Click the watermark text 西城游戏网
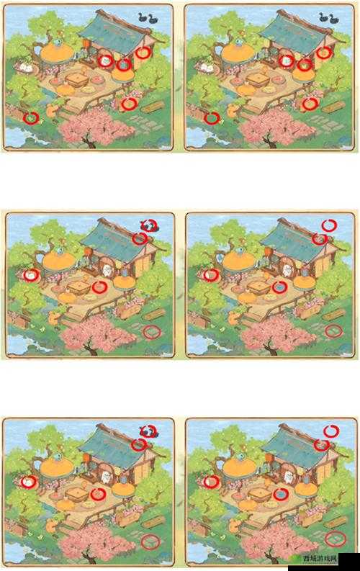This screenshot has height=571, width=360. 317,558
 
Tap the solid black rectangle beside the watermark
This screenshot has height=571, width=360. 347,562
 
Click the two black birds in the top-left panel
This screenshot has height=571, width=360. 148,18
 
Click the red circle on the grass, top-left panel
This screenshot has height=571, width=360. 31,118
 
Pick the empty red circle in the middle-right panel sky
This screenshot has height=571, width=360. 329,225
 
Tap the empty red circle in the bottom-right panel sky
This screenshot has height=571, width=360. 331,431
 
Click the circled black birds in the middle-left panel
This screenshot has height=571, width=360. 148,226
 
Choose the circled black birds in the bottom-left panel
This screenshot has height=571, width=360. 148,432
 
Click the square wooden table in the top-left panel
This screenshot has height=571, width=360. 76,79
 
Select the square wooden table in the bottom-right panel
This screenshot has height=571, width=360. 260,494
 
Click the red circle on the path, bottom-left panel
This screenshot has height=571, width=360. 150,541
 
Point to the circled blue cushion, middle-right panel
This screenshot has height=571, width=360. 280,287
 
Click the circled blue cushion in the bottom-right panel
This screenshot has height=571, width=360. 281,494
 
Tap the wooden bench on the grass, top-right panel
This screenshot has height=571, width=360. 333,107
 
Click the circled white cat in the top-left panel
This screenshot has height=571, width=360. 105,60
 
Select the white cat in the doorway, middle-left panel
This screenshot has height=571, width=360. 107,270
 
